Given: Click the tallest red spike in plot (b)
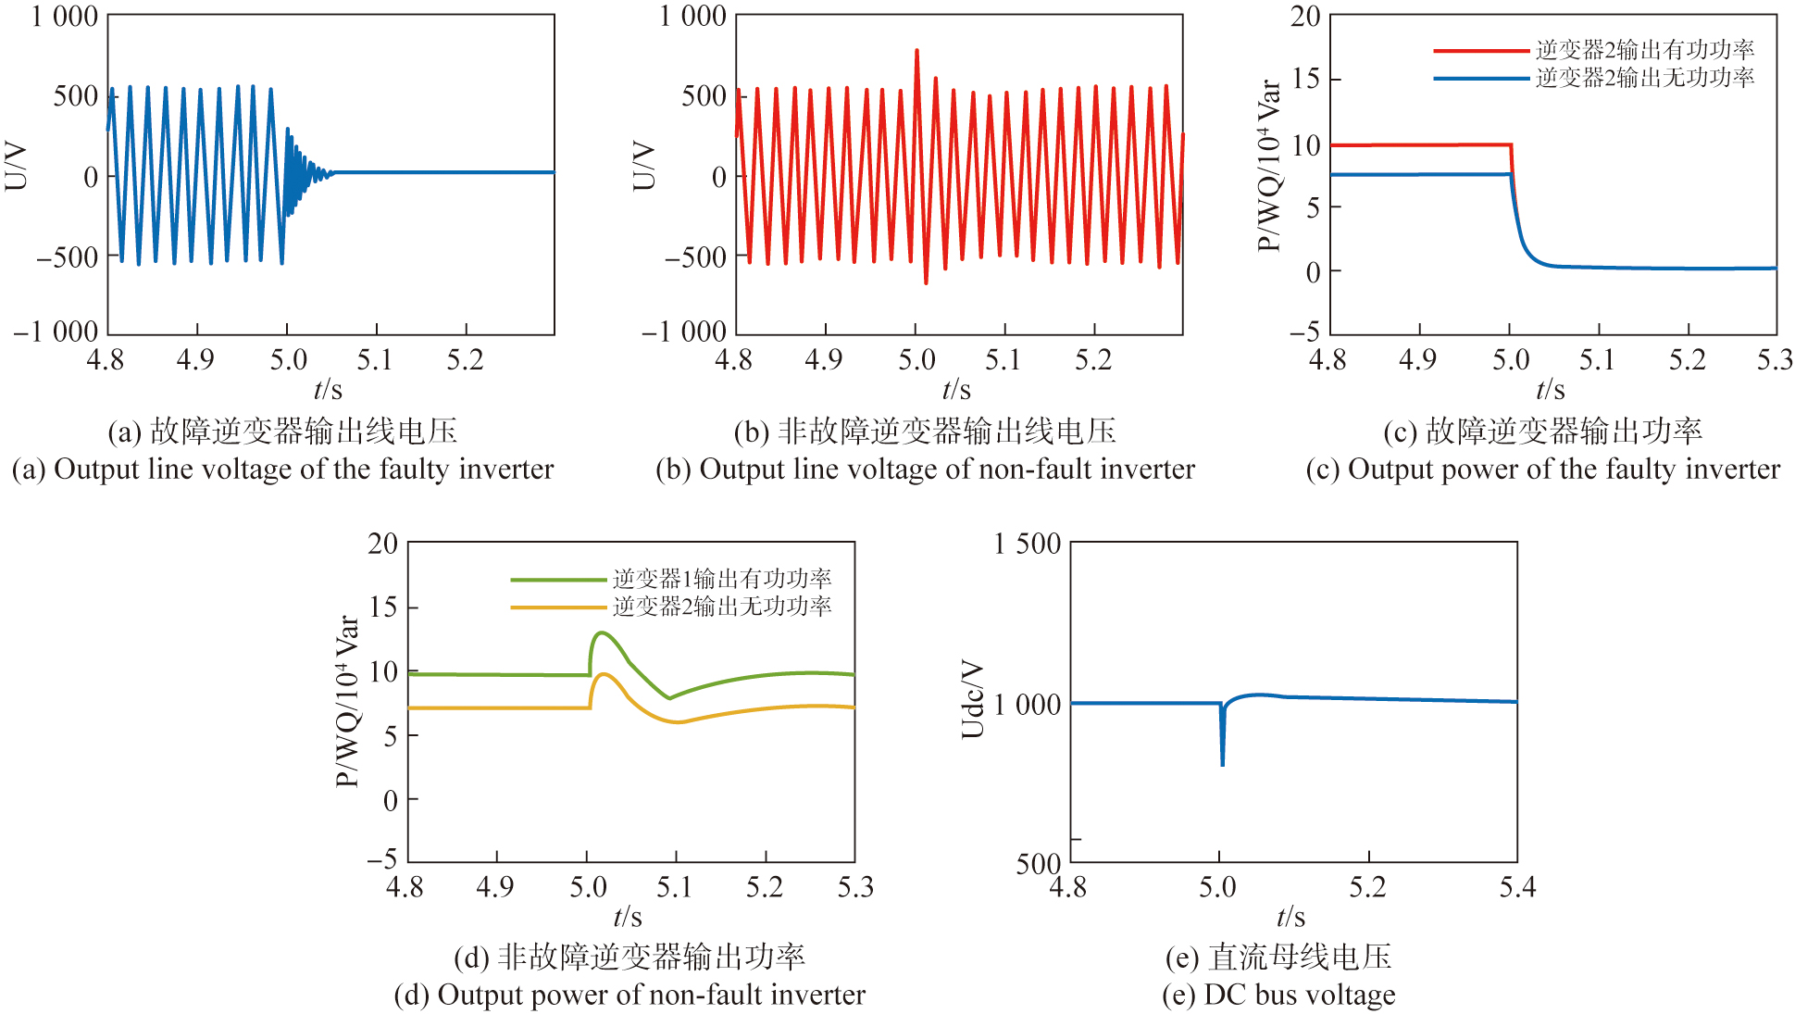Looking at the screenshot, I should [x=916, y=52].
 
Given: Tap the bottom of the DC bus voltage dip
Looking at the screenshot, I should [x=1222, y=764].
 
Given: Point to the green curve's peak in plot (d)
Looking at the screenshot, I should [x=601, y=633].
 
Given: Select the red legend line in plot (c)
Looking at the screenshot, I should [x=1480, y=51].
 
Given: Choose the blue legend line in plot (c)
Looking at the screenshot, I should [x=1480, y=79].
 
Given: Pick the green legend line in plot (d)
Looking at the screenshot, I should [x=557, y=580].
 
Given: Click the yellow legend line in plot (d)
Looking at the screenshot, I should [x=557, y=607].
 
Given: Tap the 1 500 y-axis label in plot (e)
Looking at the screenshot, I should [x=1027, y=544].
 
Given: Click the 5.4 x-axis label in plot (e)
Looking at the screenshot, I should [x=1516, y=887].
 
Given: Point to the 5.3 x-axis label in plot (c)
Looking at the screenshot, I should [x=1775, y=360].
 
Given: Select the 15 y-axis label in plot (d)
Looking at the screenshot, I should [x=383, y=607].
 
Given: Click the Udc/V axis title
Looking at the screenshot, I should [x=972, y=699].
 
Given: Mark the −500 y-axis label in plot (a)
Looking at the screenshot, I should [x=68, y=257].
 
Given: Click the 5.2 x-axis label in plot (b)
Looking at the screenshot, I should [x=1093, y=360].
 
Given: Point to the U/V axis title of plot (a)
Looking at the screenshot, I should [x=17, y=167].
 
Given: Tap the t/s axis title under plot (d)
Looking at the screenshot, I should [x=628, y=917].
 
